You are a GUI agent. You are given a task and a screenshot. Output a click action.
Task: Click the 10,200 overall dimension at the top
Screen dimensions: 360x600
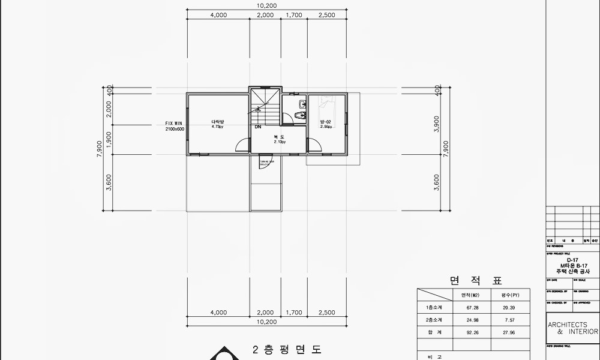pos(266,5)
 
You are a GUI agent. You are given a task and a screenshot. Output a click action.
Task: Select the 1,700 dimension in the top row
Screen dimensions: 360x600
pos(294,15)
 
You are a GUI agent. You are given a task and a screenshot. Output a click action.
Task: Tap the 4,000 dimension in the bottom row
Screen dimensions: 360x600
pos(218,313)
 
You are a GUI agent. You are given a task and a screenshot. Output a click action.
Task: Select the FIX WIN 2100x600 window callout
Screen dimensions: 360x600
pos(175,126)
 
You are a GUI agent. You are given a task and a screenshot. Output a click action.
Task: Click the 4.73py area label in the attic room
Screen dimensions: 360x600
pos(217,127)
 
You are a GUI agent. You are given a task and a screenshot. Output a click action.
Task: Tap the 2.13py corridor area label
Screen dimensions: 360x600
pos(280,142)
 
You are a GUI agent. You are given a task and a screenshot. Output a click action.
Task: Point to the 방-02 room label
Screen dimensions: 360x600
pos(326,122)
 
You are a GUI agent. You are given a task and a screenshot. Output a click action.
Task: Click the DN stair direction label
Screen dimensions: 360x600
pos(257,127)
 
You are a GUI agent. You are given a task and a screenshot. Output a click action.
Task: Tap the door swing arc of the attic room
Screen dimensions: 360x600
pos(242,146)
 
